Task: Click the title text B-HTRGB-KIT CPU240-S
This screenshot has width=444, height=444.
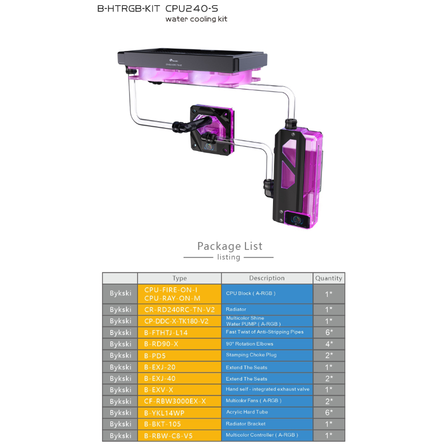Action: point(157,8)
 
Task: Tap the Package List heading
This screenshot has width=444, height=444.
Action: point(229,246)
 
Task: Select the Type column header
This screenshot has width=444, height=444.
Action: point(179,278)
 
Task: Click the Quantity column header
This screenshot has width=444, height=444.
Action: point(328,278)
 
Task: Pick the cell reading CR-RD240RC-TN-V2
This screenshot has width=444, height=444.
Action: point(179,309)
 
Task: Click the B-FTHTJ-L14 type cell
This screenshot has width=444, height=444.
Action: point(179,332)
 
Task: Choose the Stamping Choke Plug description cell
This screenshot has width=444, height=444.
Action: point(267,355)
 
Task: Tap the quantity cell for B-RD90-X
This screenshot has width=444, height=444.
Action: point(328,344)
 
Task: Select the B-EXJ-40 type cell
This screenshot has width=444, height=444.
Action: point(179,378)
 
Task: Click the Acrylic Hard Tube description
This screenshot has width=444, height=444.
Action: point(267,412)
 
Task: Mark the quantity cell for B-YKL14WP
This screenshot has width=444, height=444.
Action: point(328,412)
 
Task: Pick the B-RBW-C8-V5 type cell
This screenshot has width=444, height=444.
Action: point(179,435)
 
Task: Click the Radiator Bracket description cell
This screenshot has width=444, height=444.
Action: point(267,424)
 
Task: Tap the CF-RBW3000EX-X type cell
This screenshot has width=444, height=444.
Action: point(179,401)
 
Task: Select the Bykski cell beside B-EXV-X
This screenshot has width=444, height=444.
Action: point(120,390)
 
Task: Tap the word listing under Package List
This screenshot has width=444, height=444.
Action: point(228,257)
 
